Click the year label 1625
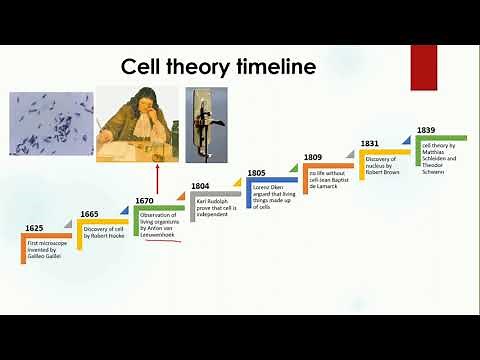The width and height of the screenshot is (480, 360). (34, 229)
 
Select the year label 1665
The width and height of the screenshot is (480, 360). (90, 214)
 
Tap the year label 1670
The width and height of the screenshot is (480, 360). (145, 201)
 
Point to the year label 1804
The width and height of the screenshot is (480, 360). (201, 186)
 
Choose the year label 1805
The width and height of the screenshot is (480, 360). (257, 173)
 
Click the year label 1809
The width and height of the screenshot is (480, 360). (313, 158)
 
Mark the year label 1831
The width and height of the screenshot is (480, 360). (370, 144)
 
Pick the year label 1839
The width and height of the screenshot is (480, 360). (426, 130)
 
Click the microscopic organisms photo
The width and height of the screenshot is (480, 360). (51, 122)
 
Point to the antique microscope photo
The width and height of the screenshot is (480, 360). (206, 124)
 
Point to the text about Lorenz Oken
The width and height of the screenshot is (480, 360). (272, 196)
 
